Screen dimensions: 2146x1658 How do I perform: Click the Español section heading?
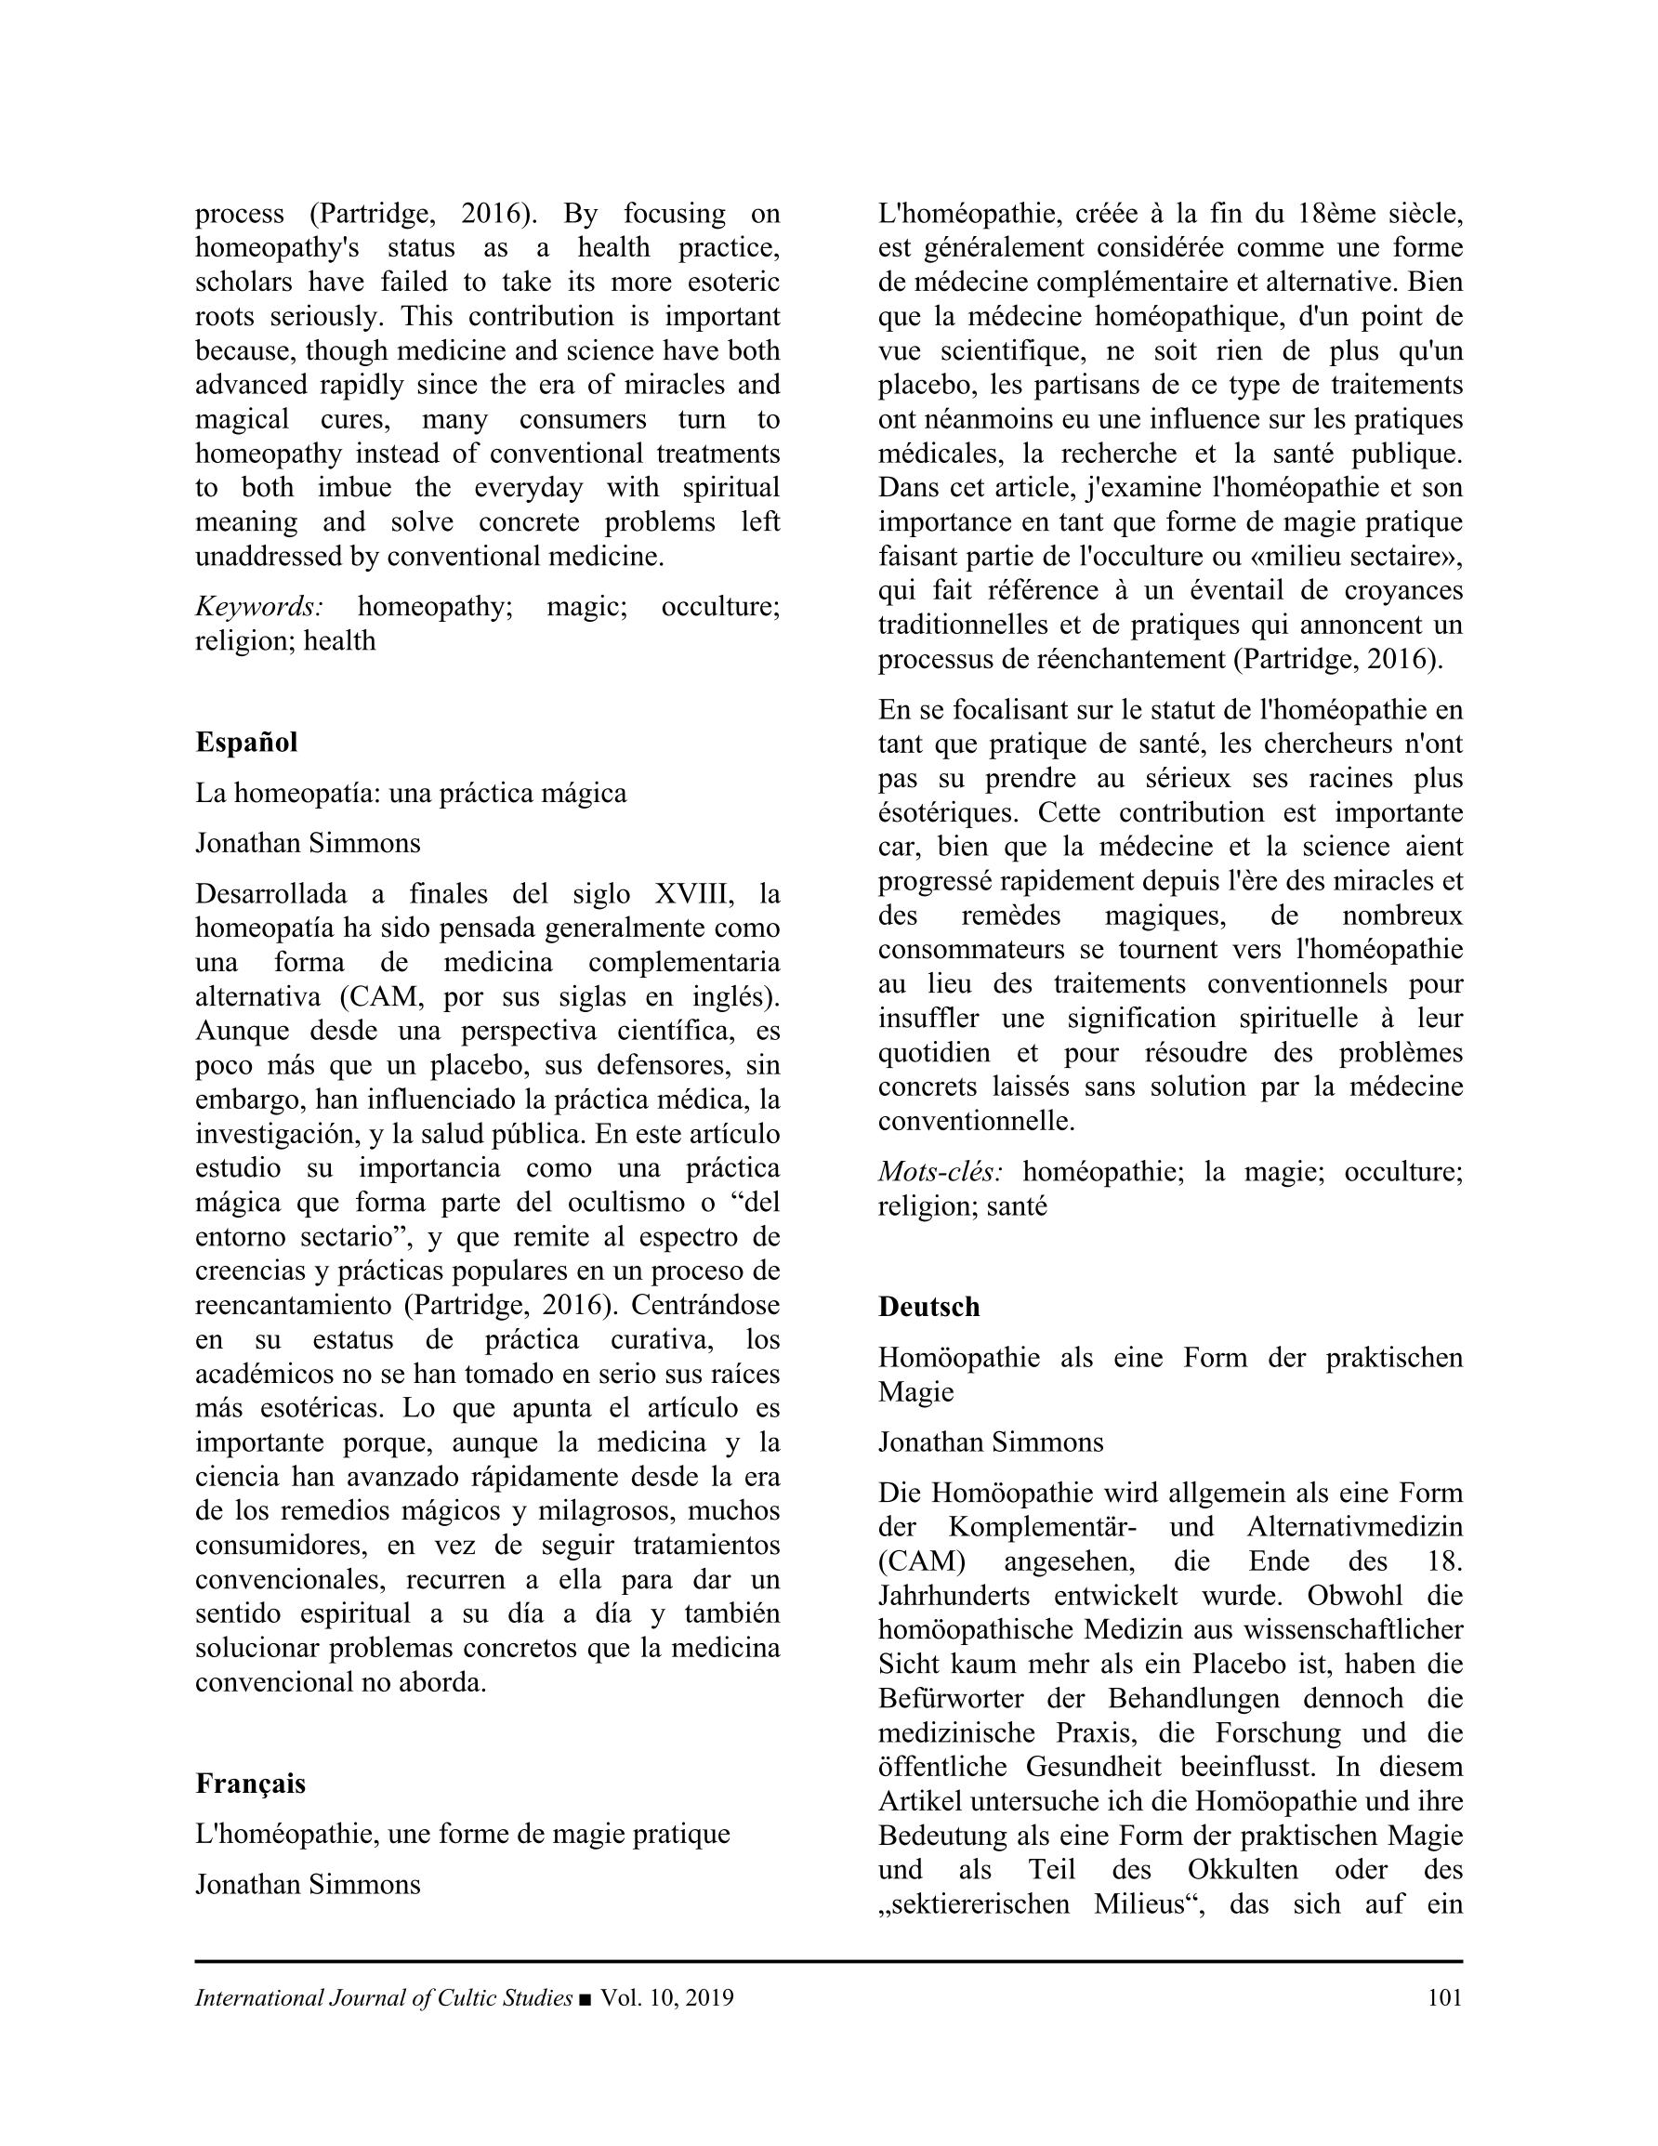pyautogui.click(x=245, y=742)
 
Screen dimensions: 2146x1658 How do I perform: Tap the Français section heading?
pyautogui.click(x=250, y=1784)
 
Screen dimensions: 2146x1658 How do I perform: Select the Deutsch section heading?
pyautogui.click(x=928, y=1307)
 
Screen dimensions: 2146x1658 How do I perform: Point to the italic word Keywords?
pyautogui.click(x=259, y=606)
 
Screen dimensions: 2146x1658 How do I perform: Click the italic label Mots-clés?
pyautogui.click(x=940, y=1171)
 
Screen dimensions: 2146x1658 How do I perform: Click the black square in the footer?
pyautogui.click(x=586, y=1998)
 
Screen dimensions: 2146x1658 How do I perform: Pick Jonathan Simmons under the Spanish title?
pyautogui.click(x=308, y=843)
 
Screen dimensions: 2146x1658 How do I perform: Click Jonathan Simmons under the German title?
pyautogui.click(x=991, y=1442)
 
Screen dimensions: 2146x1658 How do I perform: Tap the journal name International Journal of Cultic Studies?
pyautogui.click(x=383, y=1997)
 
